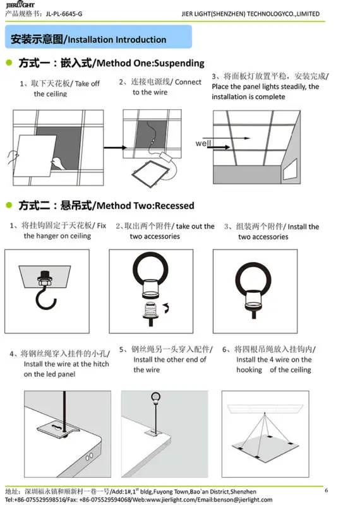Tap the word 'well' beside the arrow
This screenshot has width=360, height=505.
point(203,143)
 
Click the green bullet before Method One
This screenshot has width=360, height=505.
point(9,62)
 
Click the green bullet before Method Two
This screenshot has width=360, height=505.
point(9,205)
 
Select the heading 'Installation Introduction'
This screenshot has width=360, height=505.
point(117,40)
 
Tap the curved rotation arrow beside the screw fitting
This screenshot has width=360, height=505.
point(165,309)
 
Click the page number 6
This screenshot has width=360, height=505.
point(326,490)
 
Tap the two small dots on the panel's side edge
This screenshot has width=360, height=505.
point(88,455)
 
